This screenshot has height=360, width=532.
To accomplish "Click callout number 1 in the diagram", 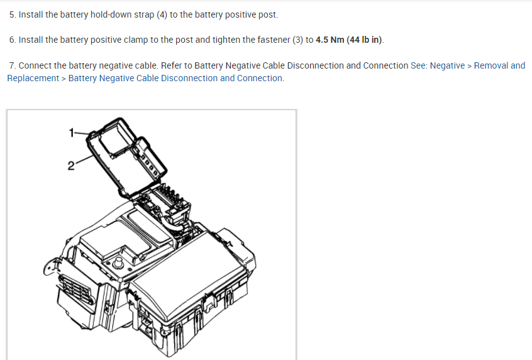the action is click(x=72, y=132).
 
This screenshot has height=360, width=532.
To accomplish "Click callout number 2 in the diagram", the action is click(x=71, y=166).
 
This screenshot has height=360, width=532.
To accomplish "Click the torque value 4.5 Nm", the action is click(x=330, y=40).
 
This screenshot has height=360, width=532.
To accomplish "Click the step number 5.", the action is click(x=13, y=14).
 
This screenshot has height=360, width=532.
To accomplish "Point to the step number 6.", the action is click(x=13, y=40).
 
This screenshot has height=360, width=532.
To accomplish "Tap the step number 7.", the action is click(x=13, y=65).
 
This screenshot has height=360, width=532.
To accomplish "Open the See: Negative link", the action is click(x=438, y=65).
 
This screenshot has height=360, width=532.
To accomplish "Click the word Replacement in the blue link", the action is click(x=33, y=78).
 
